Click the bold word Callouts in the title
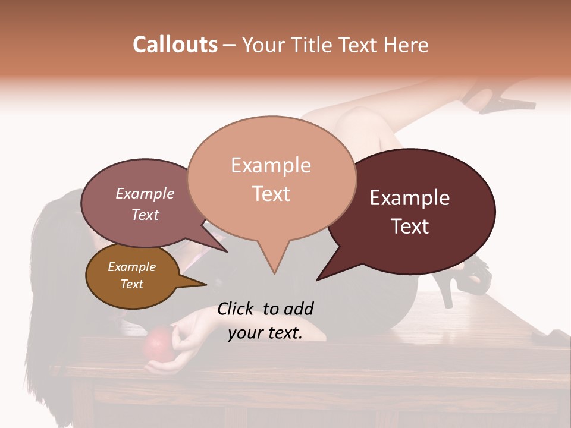175,45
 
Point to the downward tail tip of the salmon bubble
274,273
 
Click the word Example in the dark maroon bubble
410,198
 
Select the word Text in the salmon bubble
271,194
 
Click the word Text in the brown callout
132,284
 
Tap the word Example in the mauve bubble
145,194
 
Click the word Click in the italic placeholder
236,309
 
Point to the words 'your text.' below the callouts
265,333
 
